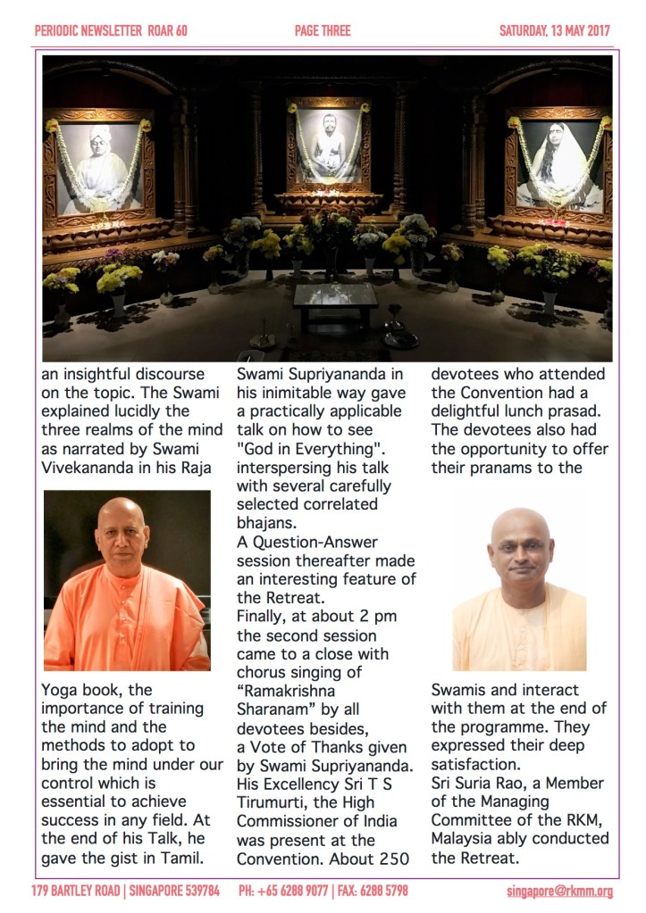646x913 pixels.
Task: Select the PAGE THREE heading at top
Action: (323, 31)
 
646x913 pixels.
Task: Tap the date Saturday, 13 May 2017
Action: (554, 31)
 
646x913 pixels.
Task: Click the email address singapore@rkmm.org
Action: (558, 891)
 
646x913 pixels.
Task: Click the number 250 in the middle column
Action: (397, 858)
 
